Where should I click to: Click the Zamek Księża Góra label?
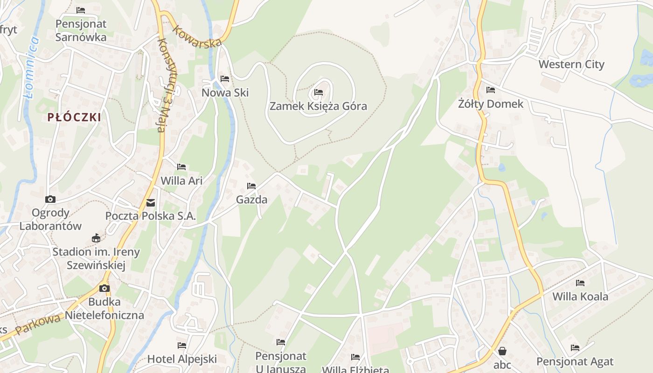(318, 106)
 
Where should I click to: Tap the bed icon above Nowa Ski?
(225, 79)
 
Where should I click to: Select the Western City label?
(571, 64)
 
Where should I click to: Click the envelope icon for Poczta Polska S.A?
(151, 203)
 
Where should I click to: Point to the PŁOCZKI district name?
(74, 117)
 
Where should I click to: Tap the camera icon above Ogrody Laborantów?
(50, 199)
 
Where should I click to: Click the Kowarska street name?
(196, 36)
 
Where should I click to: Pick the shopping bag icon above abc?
(502, 351)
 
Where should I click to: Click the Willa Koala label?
(580, 297)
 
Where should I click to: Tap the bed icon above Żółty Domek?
(490, 90)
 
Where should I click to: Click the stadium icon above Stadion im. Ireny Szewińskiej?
(96, 238)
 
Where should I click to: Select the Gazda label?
(251, 200)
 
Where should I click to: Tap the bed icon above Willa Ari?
(181, 166)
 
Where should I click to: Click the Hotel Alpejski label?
(182, 359)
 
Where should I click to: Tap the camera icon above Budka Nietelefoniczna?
(104, 288)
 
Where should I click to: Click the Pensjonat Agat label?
(575, 361)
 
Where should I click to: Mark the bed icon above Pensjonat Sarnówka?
(81, 10)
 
